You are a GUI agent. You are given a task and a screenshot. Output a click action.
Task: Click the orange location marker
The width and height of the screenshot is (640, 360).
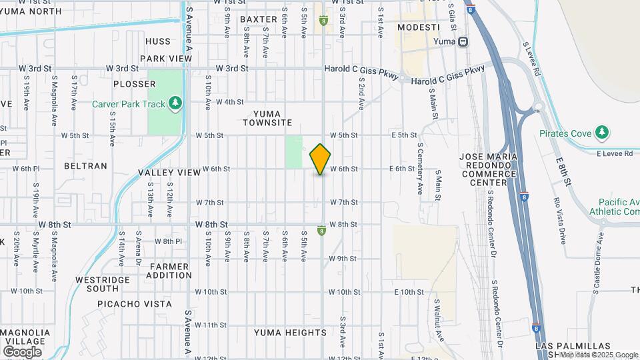click(321, 159)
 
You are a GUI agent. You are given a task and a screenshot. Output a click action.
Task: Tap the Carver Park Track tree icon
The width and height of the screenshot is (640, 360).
click(175, 103)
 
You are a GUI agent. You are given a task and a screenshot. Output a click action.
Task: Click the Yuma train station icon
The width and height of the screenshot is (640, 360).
click(463, 41)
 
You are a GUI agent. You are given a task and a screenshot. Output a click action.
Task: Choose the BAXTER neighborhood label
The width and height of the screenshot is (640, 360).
click(258, 19)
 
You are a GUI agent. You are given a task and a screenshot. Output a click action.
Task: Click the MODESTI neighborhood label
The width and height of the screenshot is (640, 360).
click(419, 27)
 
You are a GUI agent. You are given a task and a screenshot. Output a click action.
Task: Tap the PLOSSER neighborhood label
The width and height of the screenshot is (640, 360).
click(134, 84)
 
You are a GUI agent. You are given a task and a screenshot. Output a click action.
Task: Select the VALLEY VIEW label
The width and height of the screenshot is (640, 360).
click(169, 173)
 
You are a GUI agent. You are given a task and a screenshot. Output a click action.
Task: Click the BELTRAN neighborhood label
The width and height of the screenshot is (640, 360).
click(85, 165)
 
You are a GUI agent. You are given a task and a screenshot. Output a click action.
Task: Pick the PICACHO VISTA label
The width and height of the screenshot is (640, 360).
click(134, 304)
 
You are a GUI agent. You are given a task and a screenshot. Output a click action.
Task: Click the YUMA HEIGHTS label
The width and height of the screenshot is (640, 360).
click(290, 333)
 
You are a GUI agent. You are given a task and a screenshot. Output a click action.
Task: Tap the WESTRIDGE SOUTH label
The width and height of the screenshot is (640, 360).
click(97, 284)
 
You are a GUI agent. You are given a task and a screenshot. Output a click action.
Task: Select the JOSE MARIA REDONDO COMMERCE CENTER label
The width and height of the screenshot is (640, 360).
click(488, 169)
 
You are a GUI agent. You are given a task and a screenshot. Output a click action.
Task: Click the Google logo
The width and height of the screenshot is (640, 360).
click(22, 351)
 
